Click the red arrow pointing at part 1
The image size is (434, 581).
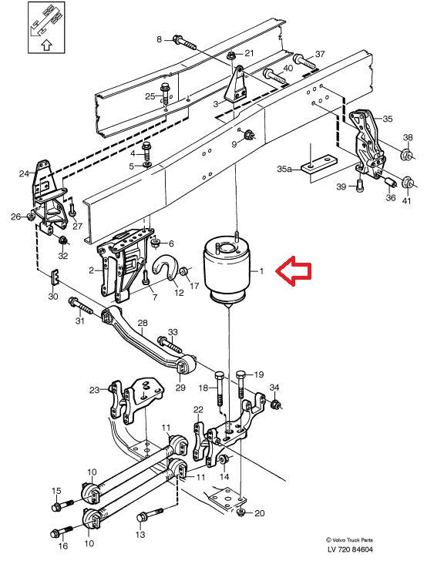tap(294, 271)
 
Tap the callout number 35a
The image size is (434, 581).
tap(284, 169)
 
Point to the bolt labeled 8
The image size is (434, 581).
tap(184, 42)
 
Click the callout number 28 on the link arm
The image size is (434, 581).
tap(143, 323)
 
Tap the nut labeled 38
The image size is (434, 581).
tap(407, 154)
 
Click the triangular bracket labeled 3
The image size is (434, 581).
tap(236, 86)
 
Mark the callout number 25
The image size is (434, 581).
tap(150, 96)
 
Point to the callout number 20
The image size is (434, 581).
tap(260, 513)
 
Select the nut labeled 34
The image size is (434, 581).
tap(274, 404)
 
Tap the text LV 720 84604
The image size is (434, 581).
tap(350, 549)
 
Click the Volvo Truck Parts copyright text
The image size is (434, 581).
tap(349, 540)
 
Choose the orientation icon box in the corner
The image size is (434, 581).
tap(47, 28)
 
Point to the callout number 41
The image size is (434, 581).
tap(406, 202)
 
